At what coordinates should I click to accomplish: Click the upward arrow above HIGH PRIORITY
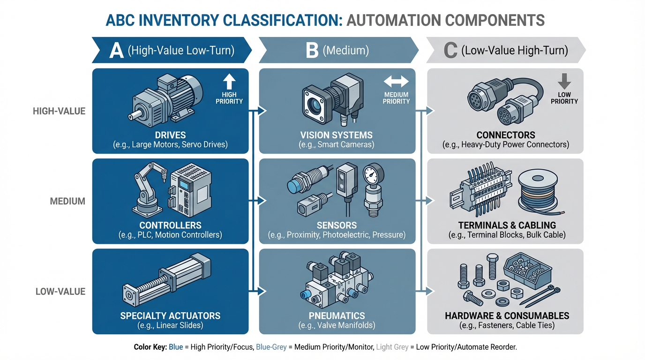[x=229, y=82]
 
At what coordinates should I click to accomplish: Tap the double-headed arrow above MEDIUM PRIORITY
[x=396, y=82]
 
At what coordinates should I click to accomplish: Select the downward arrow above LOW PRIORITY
[x=564, y=82]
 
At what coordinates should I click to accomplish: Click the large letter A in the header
[x=116, y=51]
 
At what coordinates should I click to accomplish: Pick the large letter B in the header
[x=312, y=51]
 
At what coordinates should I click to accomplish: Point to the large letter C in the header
[x=450, y=51]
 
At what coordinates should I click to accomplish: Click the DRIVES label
[x=170, y=135]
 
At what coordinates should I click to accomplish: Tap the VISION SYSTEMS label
[x=337, y=135]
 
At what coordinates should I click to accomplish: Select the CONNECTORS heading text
[x=505, y=135]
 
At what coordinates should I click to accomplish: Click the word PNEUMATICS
[x=337, y=315]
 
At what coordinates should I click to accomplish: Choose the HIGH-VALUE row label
[x=59, y=112]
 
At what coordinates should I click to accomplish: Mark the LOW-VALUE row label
[x=60, y=292]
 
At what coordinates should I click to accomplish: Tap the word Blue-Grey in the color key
[x=272, y=348]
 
